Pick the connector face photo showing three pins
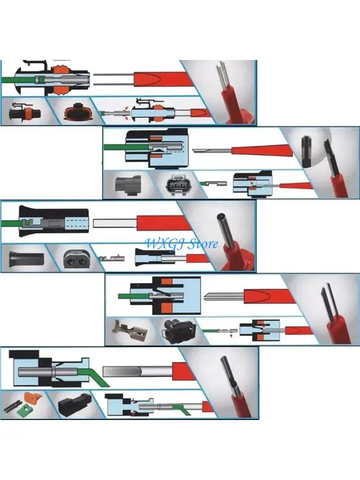[177, 185]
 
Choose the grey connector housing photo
[128, 185]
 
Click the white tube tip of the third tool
[115, 223]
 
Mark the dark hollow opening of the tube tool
[219, 216]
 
